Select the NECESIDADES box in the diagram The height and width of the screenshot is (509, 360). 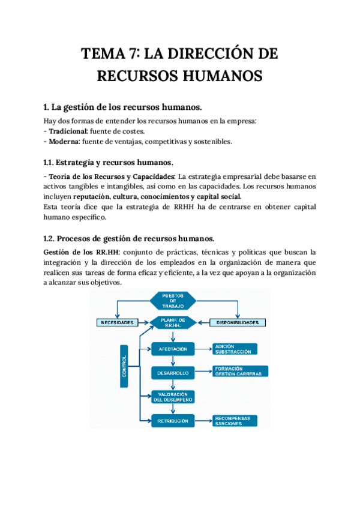119,322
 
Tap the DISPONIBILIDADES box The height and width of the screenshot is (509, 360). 239,322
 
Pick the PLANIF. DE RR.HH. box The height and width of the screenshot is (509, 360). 172,322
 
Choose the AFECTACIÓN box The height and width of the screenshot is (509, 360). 173,349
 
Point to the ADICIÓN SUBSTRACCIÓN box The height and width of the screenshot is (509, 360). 235,349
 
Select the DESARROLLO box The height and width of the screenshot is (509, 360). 173,372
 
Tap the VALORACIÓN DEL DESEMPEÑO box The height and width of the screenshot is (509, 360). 172,396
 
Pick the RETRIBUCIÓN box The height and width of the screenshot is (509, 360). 173,420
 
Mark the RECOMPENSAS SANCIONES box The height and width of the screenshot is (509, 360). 235,421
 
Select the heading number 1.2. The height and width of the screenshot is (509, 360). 51,238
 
